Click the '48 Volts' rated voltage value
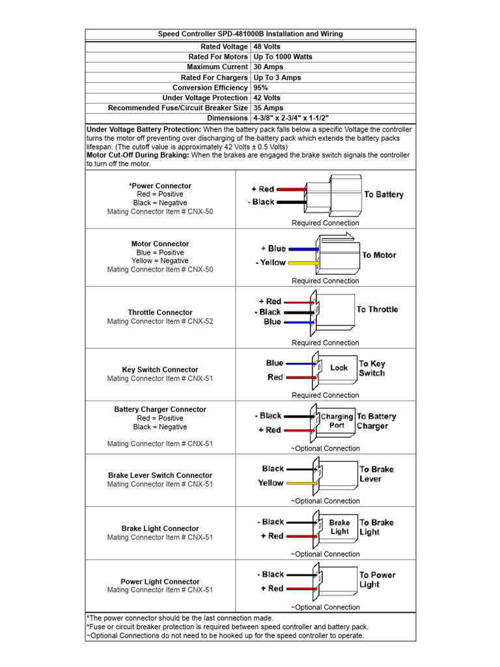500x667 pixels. [x=267, y=47]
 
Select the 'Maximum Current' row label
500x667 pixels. [x=217, y=67]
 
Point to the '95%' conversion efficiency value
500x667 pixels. [x=261, y=87]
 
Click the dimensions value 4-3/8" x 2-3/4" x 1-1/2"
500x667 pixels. [x=291, y=118]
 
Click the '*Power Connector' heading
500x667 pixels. [x=160, y=186]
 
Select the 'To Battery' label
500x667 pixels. [x=383, y=194]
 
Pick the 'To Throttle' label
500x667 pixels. [x=377, y=309]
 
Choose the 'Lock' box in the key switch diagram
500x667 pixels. [x=339, y=368]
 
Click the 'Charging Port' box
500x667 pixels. [x=337, y=421]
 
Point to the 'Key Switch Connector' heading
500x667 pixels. [x=160, y=369]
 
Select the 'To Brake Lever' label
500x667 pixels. [x=376, y=474]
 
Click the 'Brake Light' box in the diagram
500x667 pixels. [x=339, y=527]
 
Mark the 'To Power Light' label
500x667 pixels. [x=377, y=580]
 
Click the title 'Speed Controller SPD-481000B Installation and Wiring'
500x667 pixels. [x=251, y=34]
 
